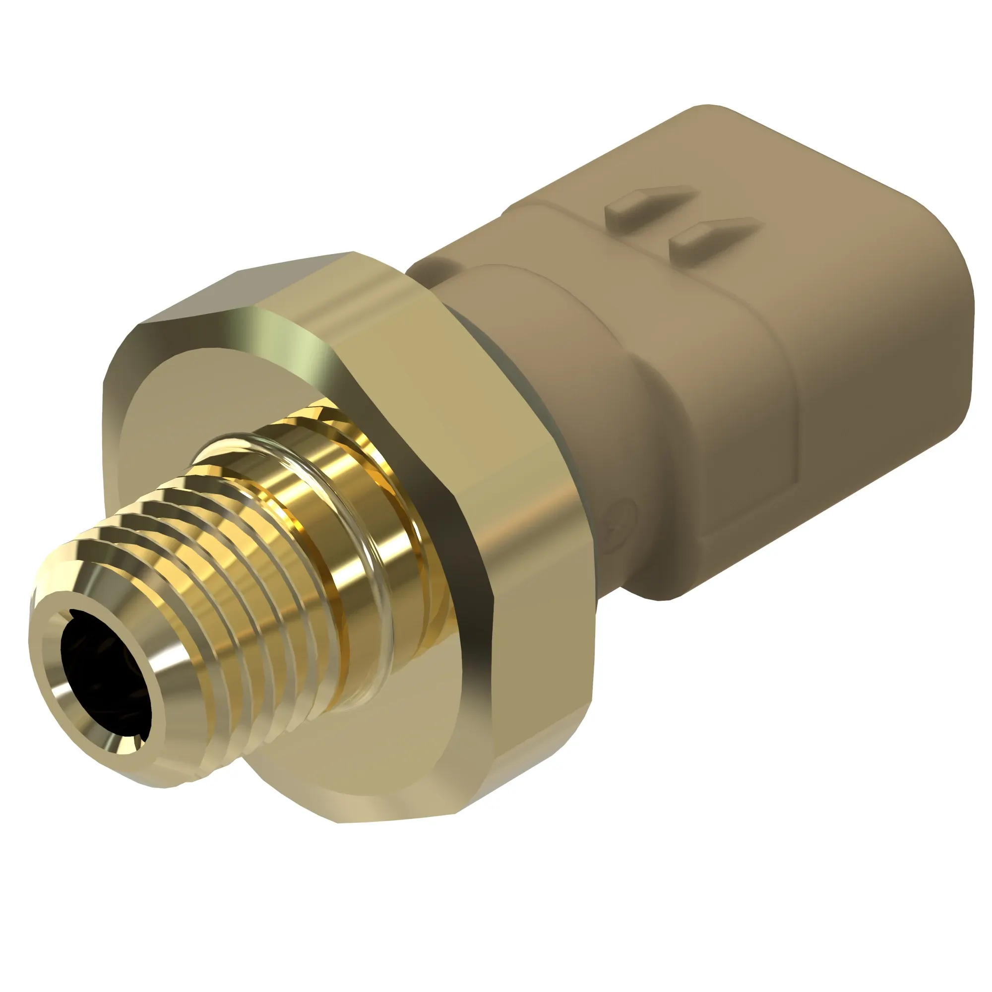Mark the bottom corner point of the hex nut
pyautogui.click(x=339, y=821)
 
